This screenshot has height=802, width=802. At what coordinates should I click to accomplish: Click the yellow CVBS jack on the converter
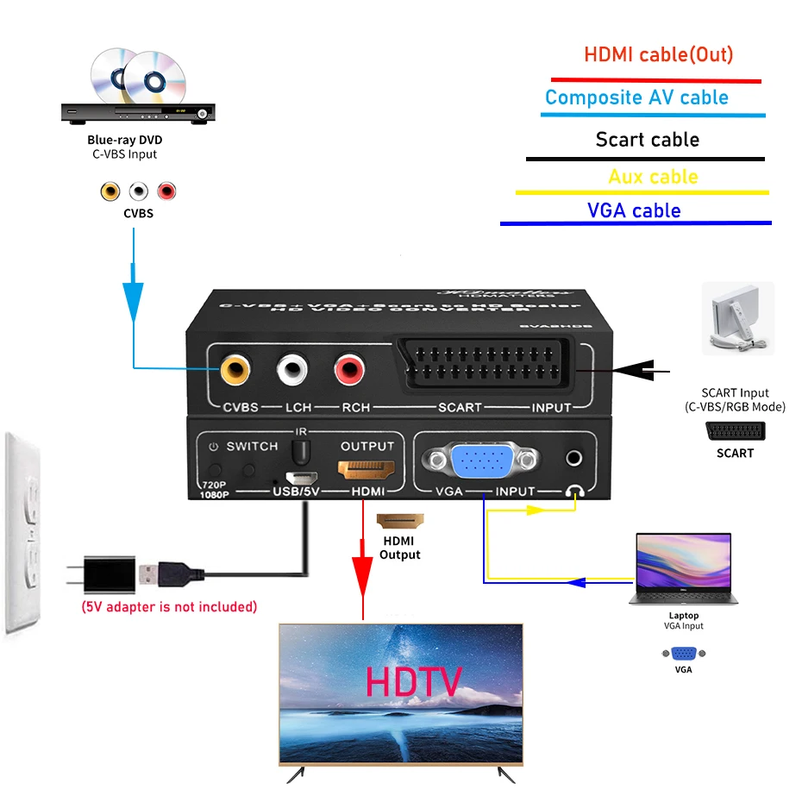pyautogui.click(x=235, y=371)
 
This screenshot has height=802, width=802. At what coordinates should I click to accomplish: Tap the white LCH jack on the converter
pyautogui.click(x=292, y=371)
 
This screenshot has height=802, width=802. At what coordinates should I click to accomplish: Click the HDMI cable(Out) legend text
pyautogui.click(x=658, y=54)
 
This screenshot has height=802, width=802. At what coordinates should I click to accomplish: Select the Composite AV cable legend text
pyautogui.click(x=636, y=97)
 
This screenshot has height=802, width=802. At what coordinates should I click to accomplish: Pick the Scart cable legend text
pyautogui.click(x=647, y=140)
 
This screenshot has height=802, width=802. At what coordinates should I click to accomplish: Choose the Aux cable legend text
pyautogui.click(x=653, y=177)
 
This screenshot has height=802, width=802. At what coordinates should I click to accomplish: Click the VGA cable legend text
pyautogui.click(x=634, y=211)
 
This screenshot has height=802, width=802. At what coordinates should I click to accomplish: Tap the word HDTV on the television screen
pyautogui.click(x=414, y=681)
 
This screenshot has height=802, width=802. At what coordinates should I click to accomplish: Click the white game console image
pyautogui.click(x=737, y=317)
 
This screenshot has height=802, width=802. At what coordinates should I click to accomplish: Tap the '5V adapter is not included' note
pyautogui.click(x=169, y=606)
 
